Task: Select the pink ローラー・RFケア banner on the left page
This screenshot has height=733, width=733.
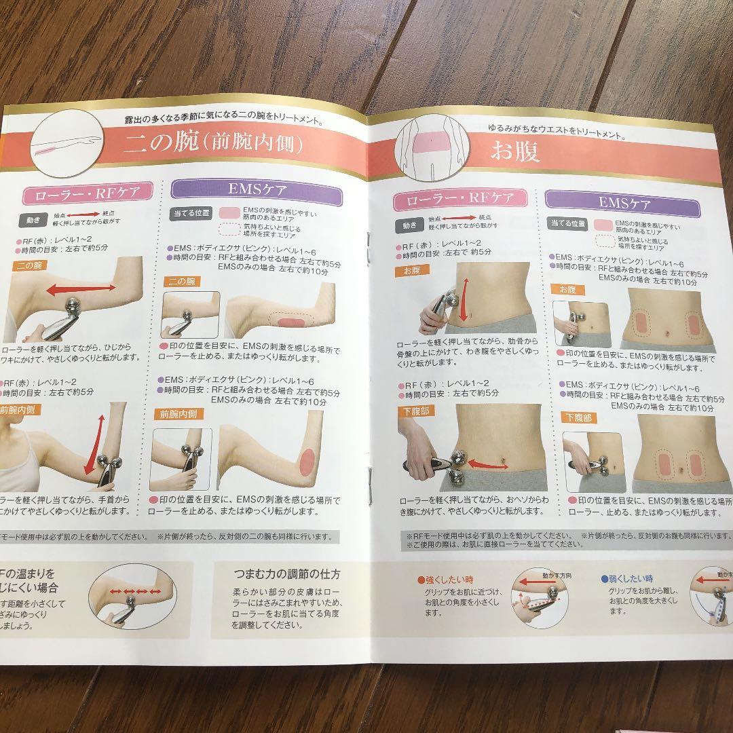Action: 82,193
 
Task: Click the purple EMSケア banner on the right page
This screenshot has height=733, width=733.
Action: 625,202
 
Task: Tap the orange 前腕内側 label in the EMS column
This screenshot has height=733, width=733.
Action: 178,414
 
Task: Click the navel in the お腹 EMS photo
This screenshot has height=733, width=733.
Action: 669,333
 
